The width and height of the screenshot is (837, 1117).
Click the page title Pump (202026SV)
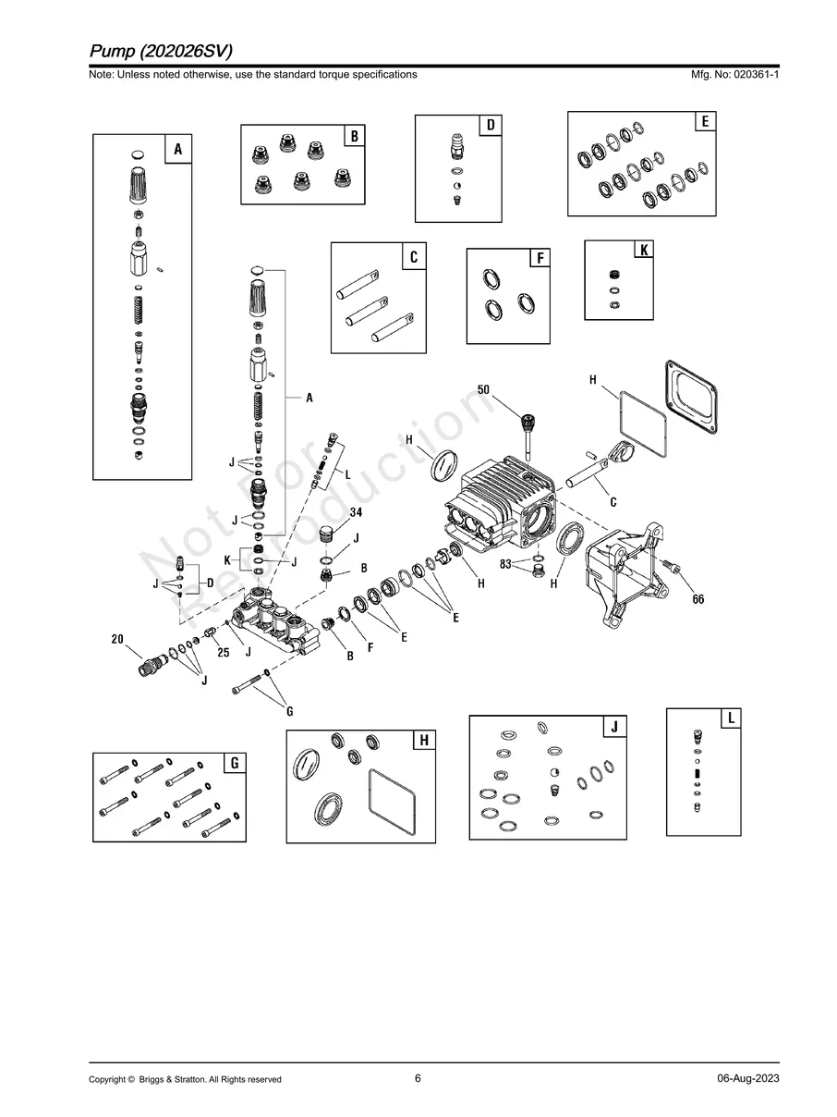pos(161,50)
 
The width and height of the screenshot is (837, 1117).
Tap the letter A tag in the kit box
pos(177,149)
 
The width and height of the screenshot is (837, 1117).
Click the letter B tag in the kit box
pos(353,137)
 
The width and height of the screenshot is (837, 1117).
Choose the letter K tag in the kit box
pos(642,251)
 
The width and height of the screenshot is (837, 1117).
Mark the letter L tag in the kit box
pos(730,718)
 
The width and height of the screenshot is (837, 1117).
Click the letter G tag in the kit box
pos(235,763)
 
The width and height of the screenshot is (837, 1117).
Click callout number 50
pos(483,390)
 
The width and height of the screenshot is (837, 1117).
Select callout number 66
pos(698,599)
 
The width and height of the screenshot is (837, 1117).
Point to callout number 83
pos(506,562)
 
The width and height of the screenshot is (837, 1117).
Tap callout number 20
pos(118,639)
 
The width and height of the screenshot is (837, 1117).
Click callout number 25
pos(223,653)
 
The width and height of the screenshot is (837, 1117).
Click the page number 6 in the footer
pos(418,1078)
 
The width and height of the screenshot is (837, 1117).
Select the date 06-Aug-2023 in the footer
pos(747,1079)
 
